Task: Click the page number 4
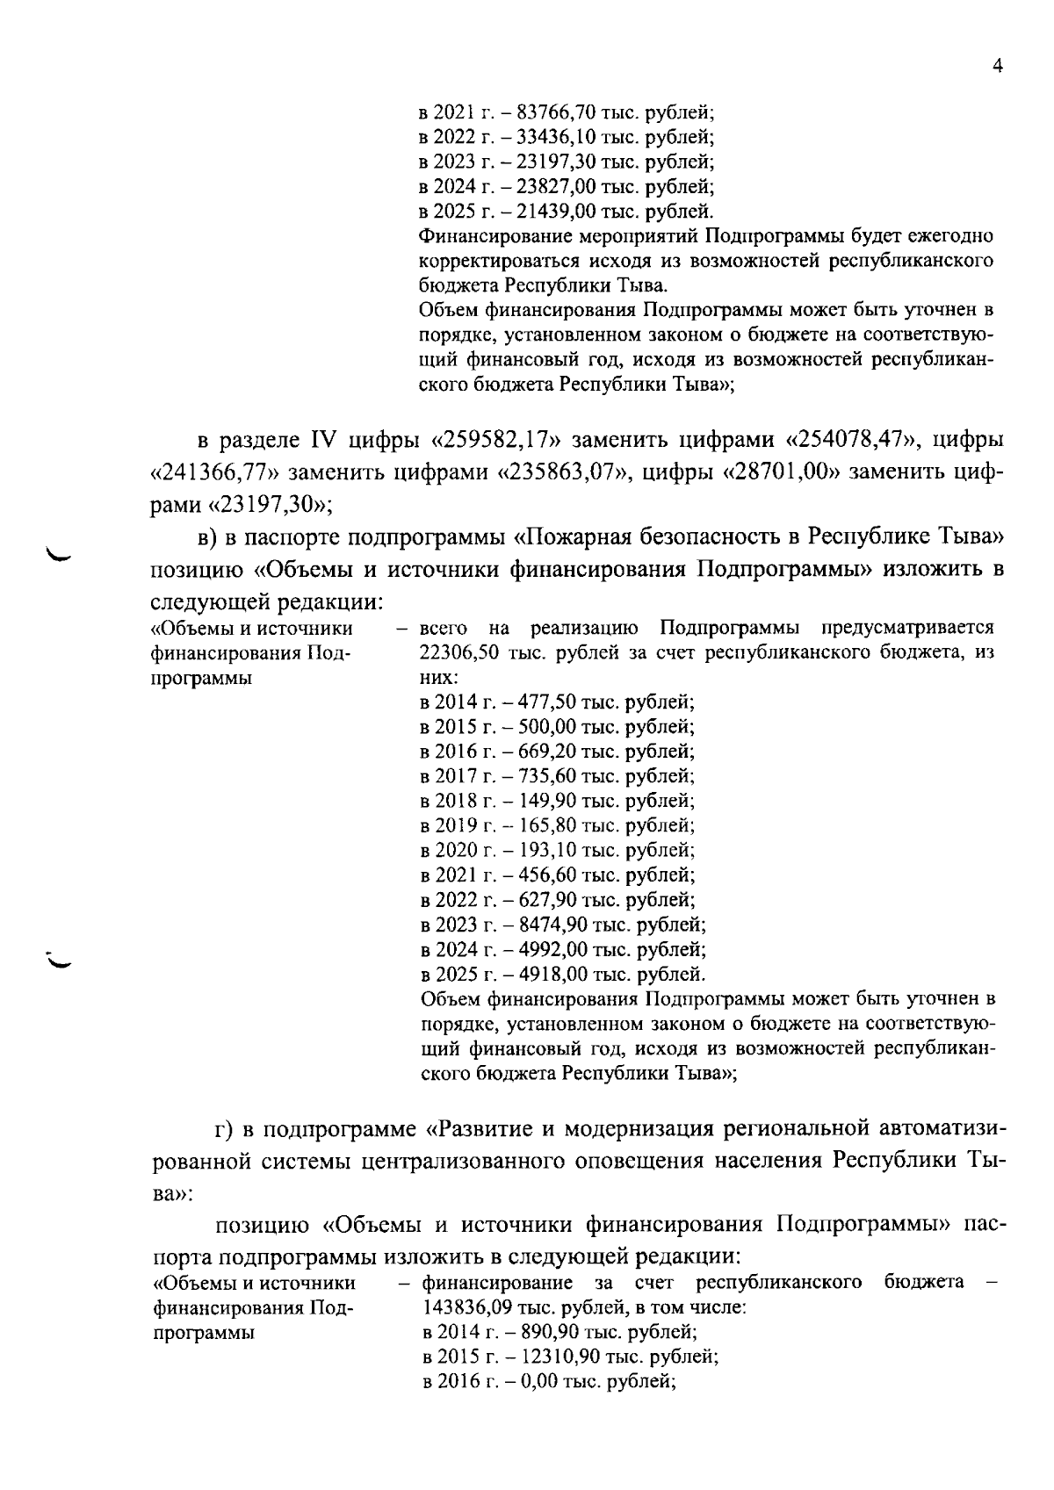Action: [x=997, y=66]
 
